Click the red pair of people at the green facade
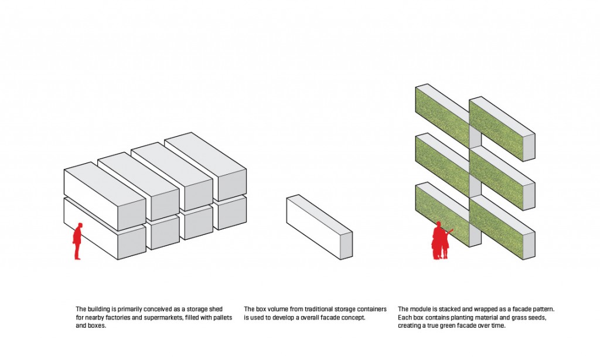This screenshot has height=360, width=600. (x=441, y=240)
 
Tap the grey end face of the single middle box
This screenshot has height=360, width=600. (x=346, y=245)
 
